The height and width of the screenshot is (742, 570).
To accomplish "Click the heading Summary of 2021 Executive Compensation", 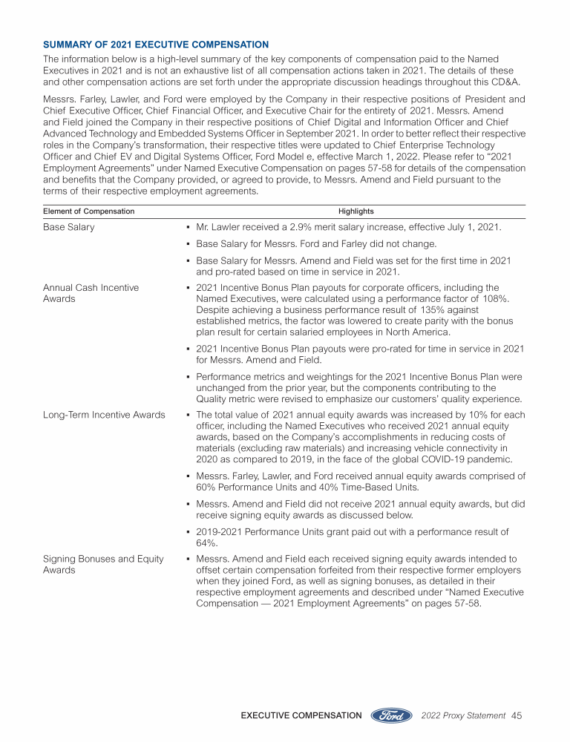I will (x=156, y=45).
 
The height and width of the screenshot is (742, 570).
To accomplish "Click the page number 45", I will (x=517, y=715).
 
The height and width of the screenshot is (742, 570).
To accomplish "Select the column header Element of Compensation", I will (x=88, y=211).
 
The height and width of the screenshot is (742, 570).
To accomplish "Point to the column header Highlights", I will (x=356, y=211).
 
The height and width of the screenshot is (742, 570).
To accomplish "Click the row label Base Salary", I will (x=69, y=227).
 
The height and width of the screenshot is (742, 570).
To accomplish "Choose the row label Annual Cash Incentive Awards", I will (x=91, y=293).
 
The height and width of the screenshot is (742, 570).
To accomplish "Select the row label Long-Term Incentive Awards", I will (x=104, y=415).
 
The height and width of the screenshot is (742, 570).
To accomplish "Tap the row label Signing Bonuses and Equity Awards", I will (x=103, y=564).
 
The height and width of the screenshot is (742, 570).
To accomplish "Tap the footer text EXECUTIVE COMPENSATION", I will (x=301, y=715).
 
